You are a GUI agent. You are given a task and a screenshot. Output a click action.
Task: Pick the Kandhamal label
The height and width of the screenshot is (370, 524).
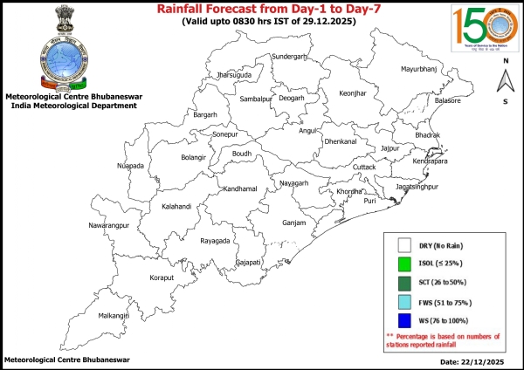tap(240, 188)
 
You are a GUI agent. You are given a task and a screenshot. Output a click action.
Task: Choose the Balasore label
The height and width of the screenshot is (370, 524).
tap(447, 101)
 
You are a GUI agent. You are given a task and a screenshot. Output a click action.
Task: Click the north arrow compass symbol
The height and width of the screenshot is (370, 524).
tap(505, 81)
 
